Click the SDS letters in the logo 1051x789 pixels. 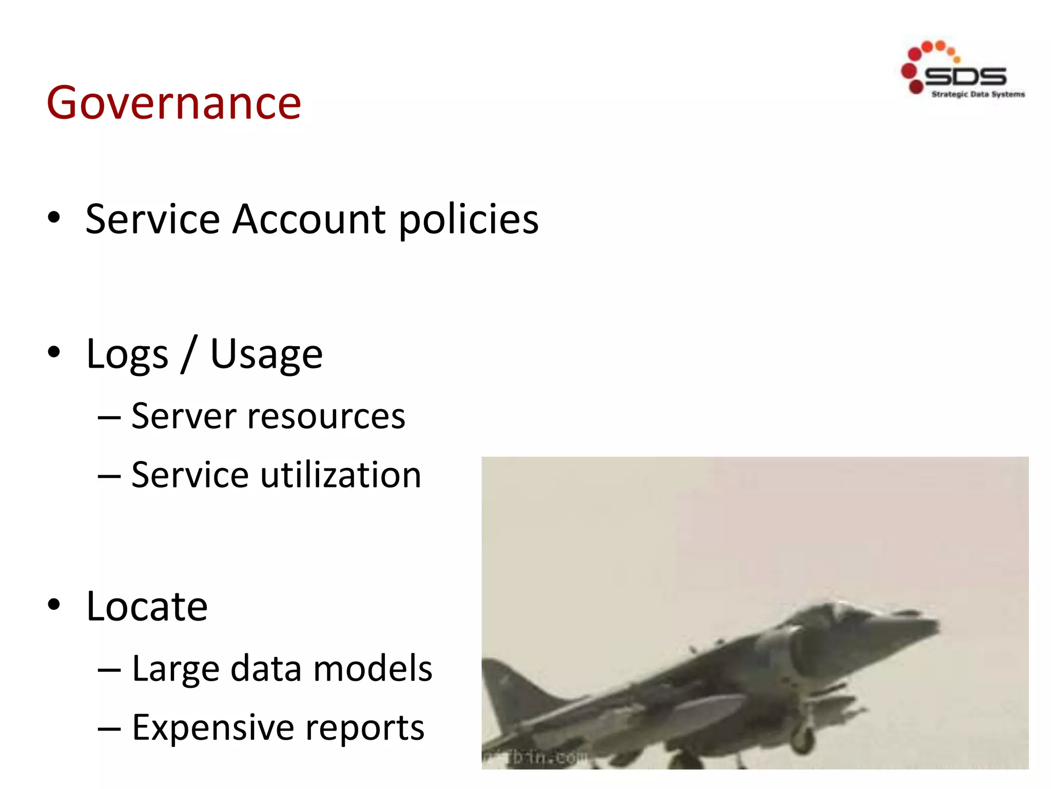[965, 77]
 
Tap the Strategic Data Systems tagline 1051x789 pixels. [978, 95]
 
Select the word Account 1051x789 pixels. [309, 219]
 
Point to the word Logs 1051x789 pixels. [127, 354]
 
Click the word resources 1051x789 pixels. [326, 417]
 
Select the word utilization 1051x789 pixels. [341, 475]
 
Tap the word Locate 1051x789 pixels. [147, 607]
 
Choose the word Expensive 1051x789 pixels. [212, 728]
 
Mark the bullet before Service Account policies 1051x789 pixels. [53, 218]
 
